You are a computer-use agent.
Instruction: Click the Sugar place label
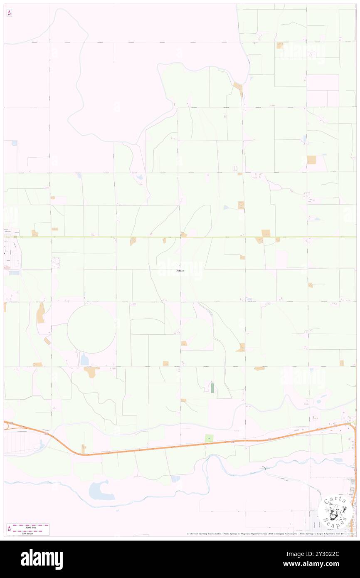[180, 270]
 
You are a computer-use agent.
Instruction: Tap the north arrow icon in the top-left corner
[10, 13]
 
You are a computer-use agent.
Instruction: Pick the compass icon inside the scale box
[10, 529]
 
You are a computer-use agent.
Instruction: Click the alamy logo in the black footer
[42, 559]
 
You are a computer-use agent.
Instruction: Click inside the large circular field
[91, 329]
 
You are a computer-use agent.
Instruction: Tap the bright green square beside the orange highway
[209, 438]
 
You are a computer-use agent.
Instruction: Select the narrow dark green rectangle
[212, 388]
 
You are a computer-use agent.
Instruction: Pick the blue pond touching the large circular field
[84, 359]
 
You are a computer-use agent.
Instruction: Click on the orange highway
[166, 448]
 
